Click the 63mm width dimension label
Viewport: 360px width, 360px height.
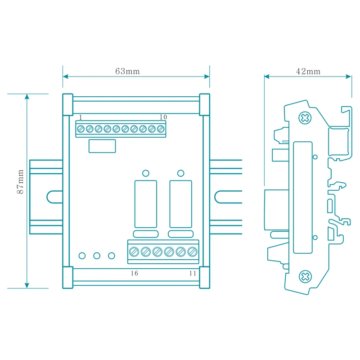pos(127,71)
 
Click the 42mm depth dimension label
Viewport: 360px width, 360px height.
pos(308,72)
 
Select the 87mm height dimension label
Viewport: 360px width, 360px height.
pos(20,182)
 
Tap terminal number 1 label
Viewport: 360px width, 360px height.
pos(81,117)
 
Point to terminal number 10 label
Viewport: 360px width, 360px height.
pos(163,117)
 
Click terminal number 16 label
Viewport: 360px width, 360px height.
pos(135,273)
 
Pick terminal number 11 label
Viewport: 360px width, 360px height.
pos(193,273)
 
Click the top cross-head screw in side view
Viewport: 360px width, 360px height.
pos(305,118)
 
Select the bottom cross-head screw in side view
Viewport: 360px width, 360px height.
pos(305,277)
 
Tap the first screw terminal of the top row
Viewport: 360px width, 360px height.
pos(81,129)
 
